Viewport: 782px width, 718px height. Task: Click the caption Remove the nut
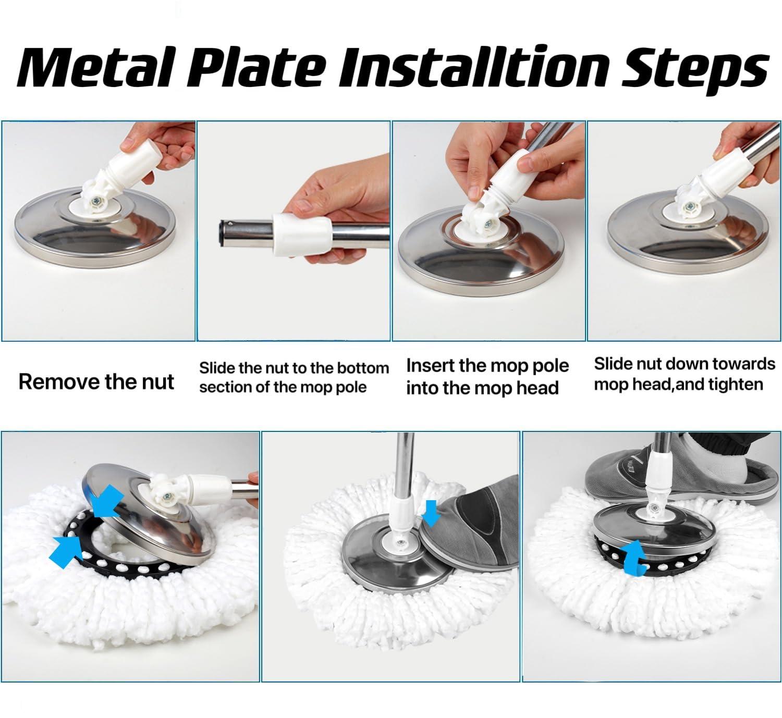tap(96, 381)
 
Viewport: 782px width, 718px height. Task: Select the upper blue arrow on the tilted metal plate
tap(107, 501)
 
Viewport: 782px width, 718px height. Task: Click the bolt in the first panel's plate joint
tap(94, 201)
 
